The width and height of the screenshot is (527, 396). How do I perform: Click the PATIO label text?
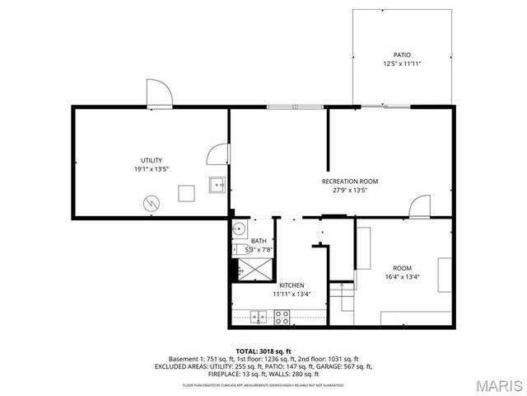point(402,55)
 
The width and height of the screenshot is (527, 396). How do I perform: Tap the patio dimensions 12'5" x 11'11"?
point(402,64)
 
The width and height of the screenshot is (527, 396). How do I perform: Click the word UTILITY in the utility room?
point(151,160)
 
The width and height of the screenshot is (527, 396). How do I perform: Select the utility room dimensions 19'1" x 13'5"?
point(151,169)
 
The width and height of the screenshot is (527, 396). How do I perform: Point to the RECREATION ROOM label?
point(349,181)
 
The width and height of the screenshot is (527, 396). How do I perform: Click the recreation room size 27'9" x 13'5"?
point(349,190)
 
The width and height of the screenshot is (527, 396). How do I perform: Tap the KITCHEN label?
point(291,285)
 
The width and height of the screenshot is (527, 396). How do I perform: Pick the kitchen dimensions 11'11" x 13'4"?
point(291,294)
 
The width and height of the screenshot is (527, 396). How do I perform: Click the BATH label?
point(259,241)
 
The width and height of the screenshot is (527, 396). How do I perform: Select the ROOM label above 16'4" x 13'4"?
point(402,268)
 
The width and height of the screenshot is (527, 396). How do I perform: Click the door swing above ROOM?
point(420,206)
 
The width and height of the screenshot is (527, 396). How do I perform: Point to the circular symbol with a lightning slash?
point(152,201)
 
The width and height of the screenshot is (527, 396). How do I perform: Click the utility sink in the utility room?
point(217,185)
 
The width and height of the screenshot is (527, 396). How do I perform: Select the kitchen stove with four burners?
point(282,316)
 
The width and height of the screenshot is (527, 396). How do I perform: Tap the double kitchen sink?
point(259,316)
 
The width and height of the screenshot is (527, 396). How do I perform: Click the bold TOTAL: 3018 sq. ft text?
point(263,351)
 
